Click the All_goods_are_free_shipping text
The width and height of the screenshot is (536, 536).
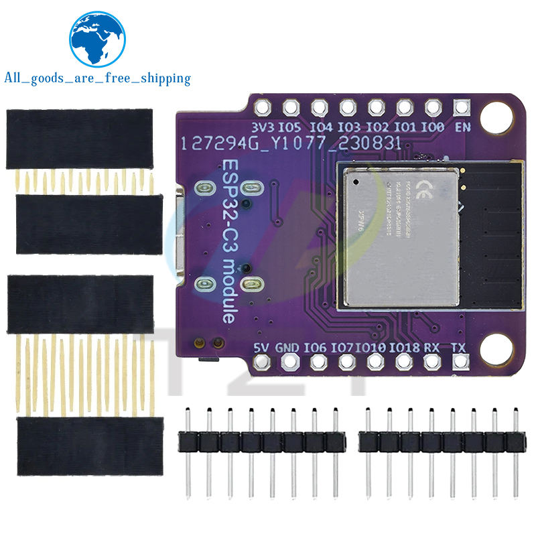pyautogui.click(x=97, y=78)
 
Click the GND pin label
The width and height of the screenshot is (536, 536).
pyautogui.click(x=287, y=347)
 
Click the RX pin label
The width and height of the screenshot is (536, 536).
pyautogui.click(x=433, y=347)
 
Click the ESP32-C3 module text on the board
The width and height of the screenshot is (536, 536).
pyautogui.click(x=228, y=241)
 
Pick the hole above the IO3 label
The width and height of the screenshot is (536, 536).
pyautogui.click(x=348, y=107)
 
